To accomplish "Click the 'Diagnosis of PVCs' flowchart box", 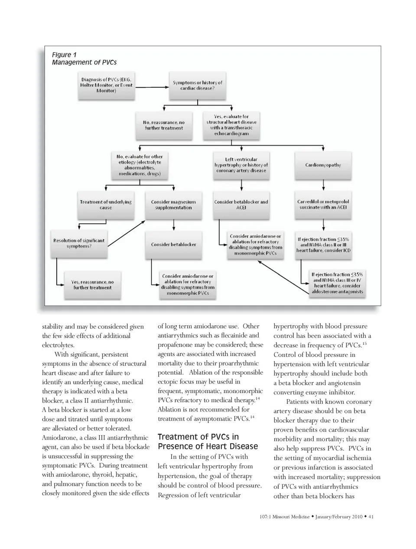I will pos(106,85).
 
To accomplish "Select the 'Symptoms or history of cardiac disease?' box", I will pos(198,85).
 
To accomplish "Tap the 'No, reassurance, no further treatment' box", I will pos(164,125).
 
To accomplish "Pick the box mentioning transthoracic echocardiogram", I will pos(231,125).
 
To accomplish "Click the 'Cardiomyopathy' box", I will pos(323,165).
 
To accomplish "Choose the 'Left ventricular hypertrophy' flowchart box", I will pos(241,165).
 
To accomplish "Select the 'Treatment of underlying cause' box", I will pos(106,205).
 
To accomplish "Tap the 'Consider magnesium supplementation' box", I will pos(173,205).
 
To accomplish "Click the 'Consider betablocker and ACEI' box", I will pos(241,205).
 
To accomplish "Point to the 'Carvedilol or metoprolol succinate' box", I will pos(323,205).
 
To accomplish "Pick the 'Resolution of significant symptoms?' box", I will pos(79,243).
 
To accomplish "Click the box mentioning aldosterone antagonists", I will pos(337,283).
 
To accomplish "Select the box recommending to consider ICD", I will pos(323,245).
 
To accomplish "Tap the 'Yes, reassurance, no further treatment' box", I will pos(92,285).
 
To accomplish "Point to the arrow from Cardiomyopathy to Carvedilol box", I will pos(324,185).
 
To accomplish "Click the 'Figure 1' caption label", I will pos(64,55).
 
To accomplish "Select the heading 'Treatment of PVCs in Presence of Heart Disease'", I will pos(208,441).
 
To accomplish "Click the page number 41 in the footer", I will pos(371,516).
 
